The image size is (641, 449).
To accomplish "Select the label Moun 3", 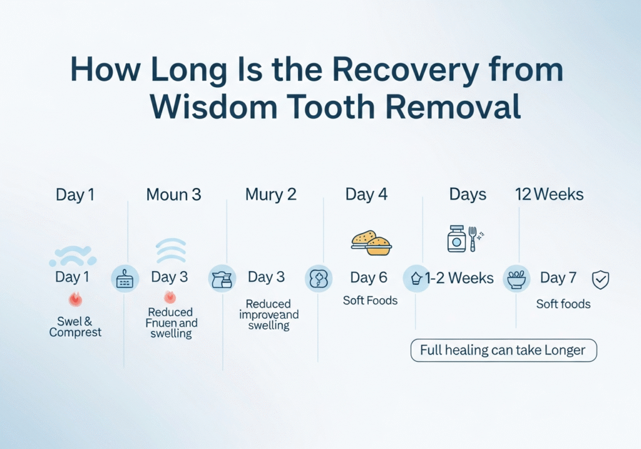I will [x=173, y=195].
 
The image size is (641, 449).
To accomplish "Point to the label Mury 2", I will [x=270, y=195].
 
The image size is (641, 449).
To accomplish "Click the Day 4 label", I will [x=366, y=195].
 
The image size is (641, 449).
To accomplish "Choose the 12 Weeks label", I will [x=549, y=195].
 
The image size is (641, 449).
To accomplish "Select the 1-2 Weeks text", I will [x=459, y=278].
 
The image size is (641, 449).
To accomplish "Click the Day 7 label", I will [x=562, y=277].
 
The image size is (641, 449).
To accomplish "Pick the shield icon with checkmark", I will [x=600, y=279].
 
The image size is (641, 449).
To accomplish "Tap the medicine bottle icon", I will [x=456, y=239].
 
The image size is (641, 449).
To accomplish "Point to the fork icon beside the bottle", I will [x=473, y=239].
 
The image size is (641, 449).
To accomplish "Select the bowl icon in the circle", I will [x=516, y=279].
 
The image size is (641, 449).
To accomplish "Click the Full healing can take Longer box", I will [x=503, y=350].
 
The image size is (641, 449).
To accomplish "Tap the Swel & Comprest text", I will [x=75, y=328].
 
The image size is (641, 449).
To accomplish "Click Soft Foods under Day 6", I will [x=370, y=301].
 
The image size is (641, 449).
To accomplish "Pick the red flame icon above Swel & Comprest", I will [x=75, y=299].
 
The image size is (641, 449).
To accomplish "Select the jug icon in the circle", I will [x=222, y=279].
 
